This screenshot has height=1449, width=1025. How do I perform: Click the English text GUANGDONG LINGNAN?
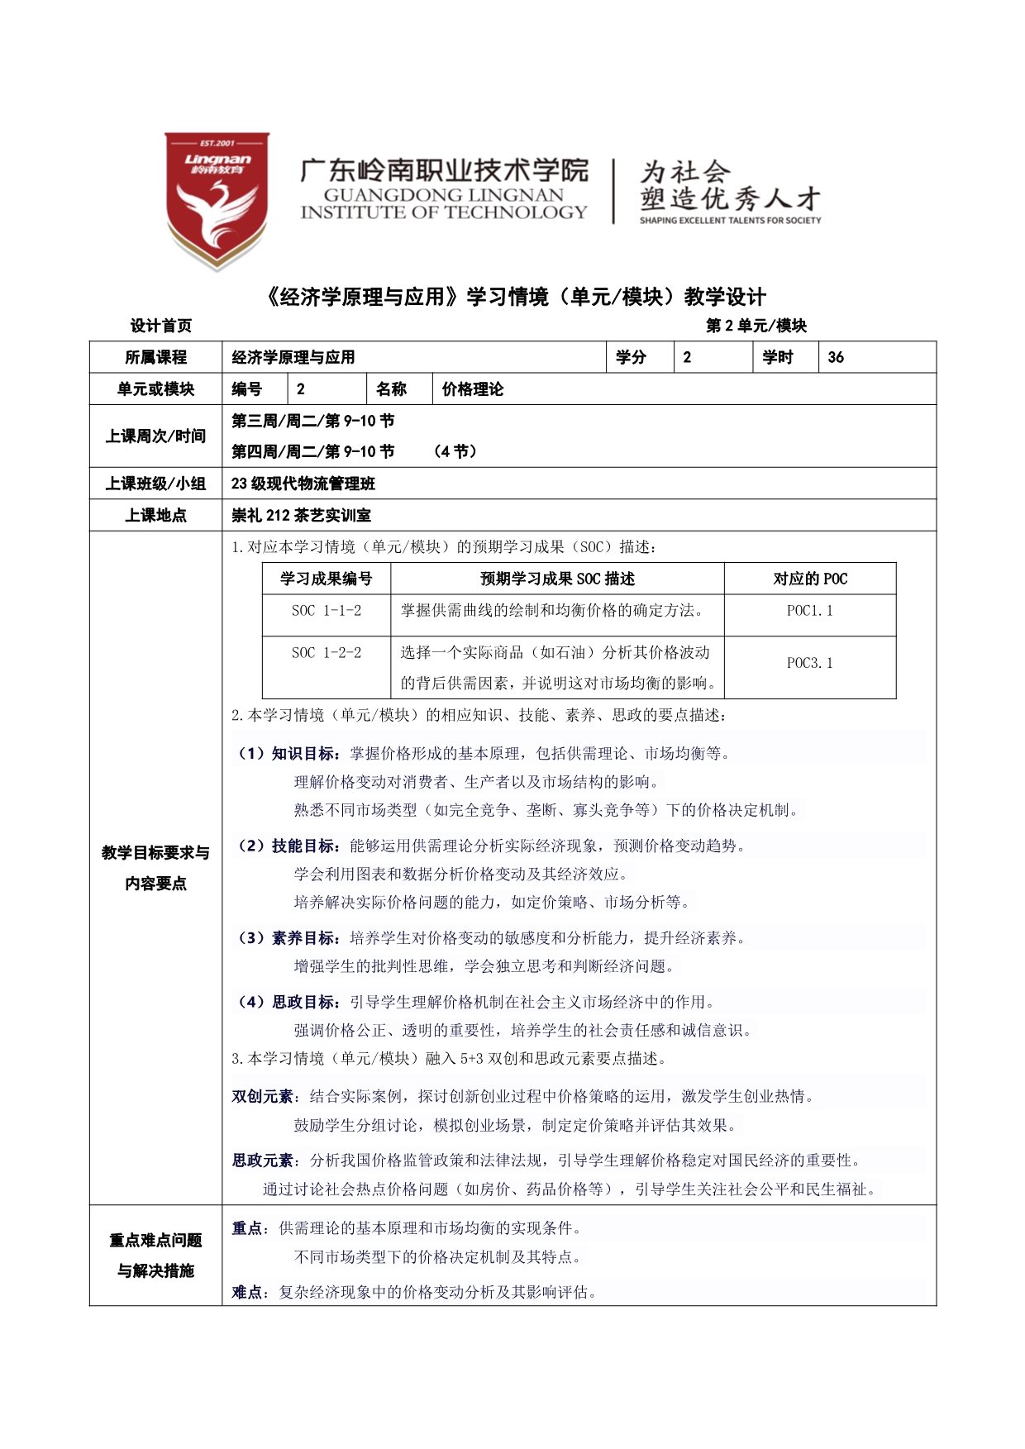tap(443, 195)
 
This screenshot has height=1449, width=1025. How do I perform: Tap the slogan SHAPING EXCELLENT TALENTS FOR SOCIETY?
tap(730, 221)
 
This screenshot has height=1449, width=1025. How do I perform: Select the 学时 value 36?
tap(836, 357)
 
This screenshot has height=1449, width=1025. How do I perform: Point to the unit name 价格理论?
tap(472, 389)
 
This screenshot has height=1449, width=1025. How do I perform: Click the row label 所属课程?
tap(155, 357)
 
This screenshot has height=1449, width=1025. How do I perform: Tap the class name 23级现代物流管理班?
tap(303, 484)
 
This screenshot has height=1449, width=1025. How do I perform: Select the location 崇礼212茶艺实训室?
tap(301, 515)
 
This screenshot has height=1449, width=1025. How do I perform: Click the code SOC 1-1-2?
tap(326, 611)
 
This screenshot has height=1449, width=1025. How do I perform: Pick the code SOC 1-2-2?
tap(326, 653)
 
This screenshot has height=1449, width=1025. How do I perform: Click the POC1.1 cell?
tap(809, 611)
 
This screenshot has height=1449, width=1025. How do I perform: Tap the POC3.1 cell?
tap(809, 663)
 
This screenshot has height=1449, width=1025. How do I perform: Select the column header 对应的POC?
tap(809, 579)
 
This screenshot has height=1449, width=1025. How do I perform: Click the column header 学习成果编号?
tap(326, 579)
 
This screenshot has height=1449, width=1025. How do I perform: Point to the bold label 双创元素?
tap(262, 1097)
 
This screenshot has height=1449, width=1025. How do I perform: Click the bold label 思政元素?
tap(262, 1161)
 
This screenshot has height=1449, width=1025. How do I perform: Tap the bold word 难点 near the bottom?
tap(247, 1292)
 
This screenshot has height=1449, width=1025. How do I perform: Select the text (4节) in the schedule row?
tap(455, 451)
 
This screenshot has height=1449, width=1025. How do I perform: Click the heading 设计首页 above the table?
tap(161, 326)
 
